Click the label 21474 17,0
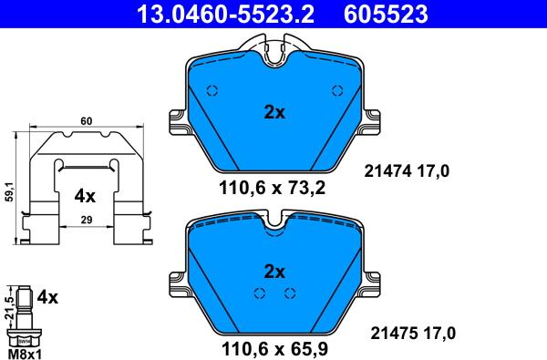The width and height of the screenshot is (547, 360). [408, 170]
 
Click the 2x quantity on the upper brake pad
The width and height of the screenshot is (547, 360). [274, 113]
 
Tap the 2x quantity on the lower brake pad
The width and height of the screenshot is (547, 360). [274, 271]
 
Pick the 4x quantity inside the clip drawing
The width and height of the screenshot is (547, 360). [85, 195]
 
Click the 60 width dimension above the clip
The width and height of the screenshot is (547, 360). [86, 120]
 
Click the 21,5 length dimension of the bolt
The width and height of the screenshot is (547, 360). [8, 305]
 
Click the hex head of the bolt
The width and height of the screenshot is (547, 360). [25, 335]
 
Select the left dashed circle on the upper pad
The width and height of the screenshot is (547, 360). [212, 90]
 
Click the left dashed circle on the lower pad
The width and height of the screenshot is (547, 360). [259, 293]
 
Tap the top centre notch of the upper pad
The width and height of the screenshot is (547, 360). [274, 57]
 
